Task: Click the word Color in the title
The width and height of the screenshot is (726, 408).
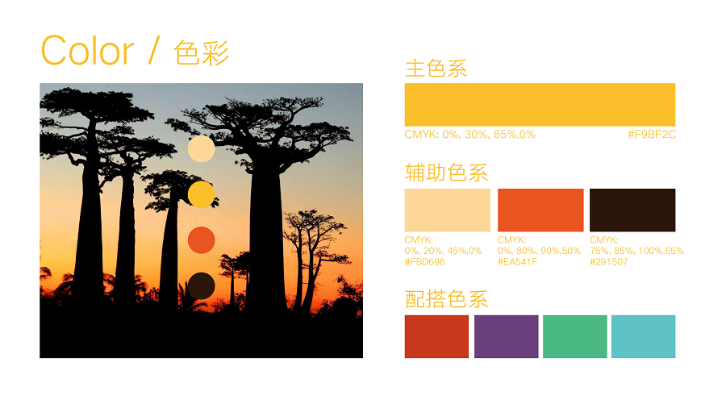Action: (x=87, y=51)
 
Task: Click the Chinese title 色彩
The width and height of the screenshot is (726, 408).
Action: (x=202, y=52)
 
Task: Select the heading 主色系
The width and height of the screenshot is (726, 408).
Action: (x=436, y=69)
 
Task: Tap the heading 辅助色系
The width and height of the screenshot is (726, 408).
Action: (x=446, y=173)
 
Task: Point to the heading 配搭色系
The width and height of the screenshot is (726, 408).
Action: (x=446, y=299)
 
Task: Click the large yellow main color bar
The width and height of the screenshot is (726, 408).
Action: (x=540, y=105)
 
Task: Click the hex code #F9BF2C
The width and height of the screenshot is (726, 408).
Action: (x=652, y=135)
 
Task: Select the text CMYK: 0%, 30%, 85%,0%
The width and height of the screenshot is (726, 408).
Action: (x=470, y=135)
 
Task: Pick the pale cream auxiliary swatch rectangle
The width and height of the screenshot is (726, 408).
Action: (x=447, y=210)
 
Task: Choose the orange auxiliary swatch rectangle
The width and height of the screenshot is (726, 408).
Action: (x=540, y=210)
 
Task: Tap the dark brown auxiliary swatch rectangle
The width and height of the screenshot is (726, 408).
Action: (x=632, y=210)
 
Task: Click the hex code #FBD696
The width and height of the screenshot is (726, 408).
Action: (x=424, y=262)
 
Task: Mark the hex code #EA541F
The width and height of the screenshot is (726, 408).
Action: (x=517, y=262)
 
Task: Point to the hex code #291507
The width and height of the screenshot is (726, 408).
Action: (x=609, y=262)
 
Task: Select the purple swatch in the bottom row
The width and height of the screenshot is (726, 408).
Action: (x=506, y=337)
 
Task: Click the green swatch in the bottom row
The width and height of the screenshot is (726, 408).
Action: (x=574, y=337)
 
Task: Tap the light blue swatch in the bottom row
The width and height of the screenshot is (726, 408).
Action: (x=643, y=337)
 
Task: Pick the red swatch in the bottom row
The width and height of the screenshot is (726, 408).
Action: (x=436, y=337)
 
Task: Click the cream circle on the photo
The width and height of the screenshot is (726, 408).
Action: (x=202, y=149)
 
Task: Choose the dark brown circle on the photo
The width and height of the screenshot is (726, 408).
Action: (x=202, y=286)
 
